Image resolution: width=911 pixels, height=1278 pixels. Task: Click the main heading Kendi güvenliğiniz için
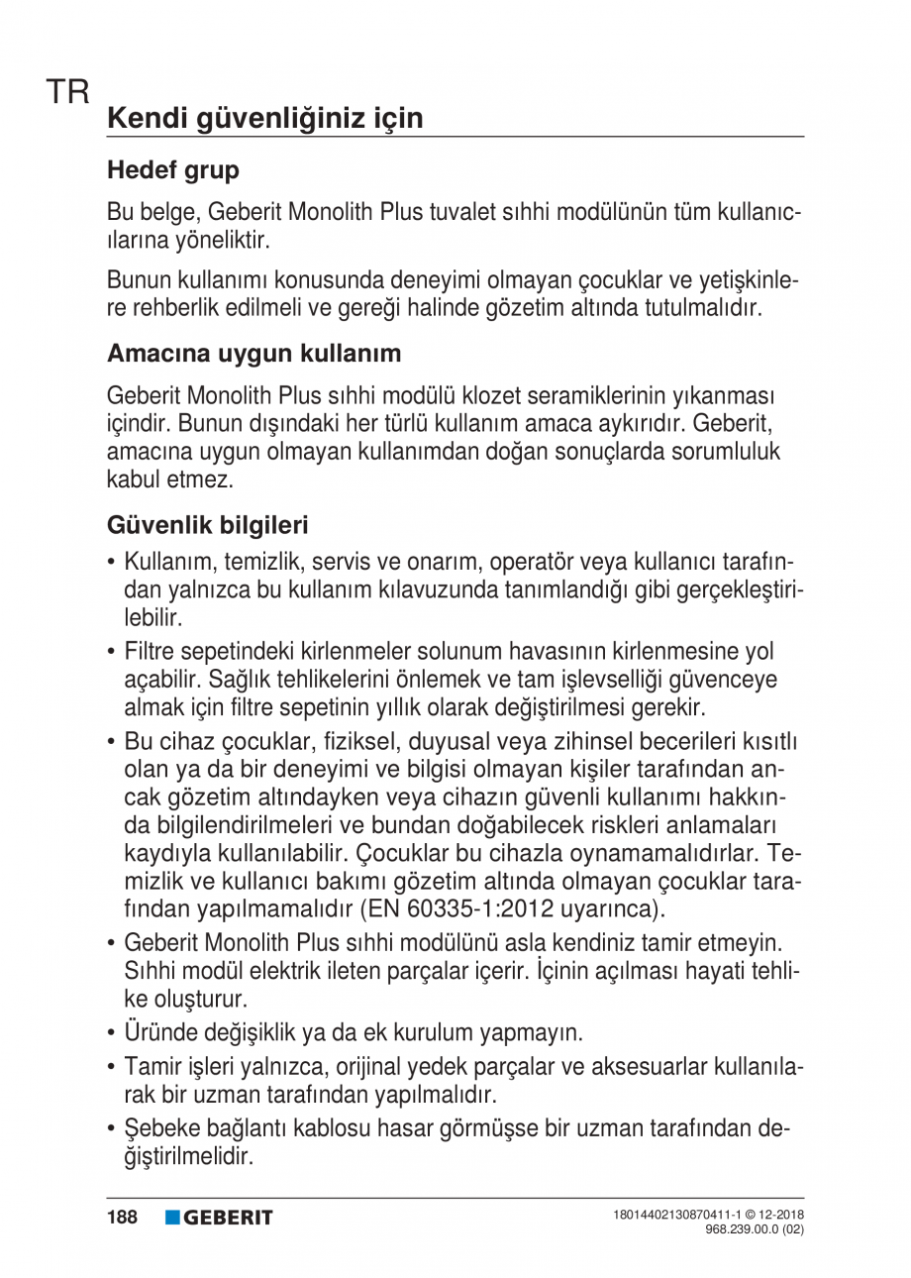[264, 118]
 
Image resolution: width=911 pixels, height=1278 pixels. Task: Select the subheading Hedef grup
[172, 170]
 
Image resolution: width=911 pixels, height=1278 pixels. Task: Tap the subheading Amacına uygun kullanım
[253, 353]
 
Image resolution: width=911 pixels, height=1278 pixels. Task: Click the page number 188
[123, 1217]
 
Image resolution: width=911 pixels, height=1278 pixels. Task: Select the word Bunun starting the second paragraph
[137, 282]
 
